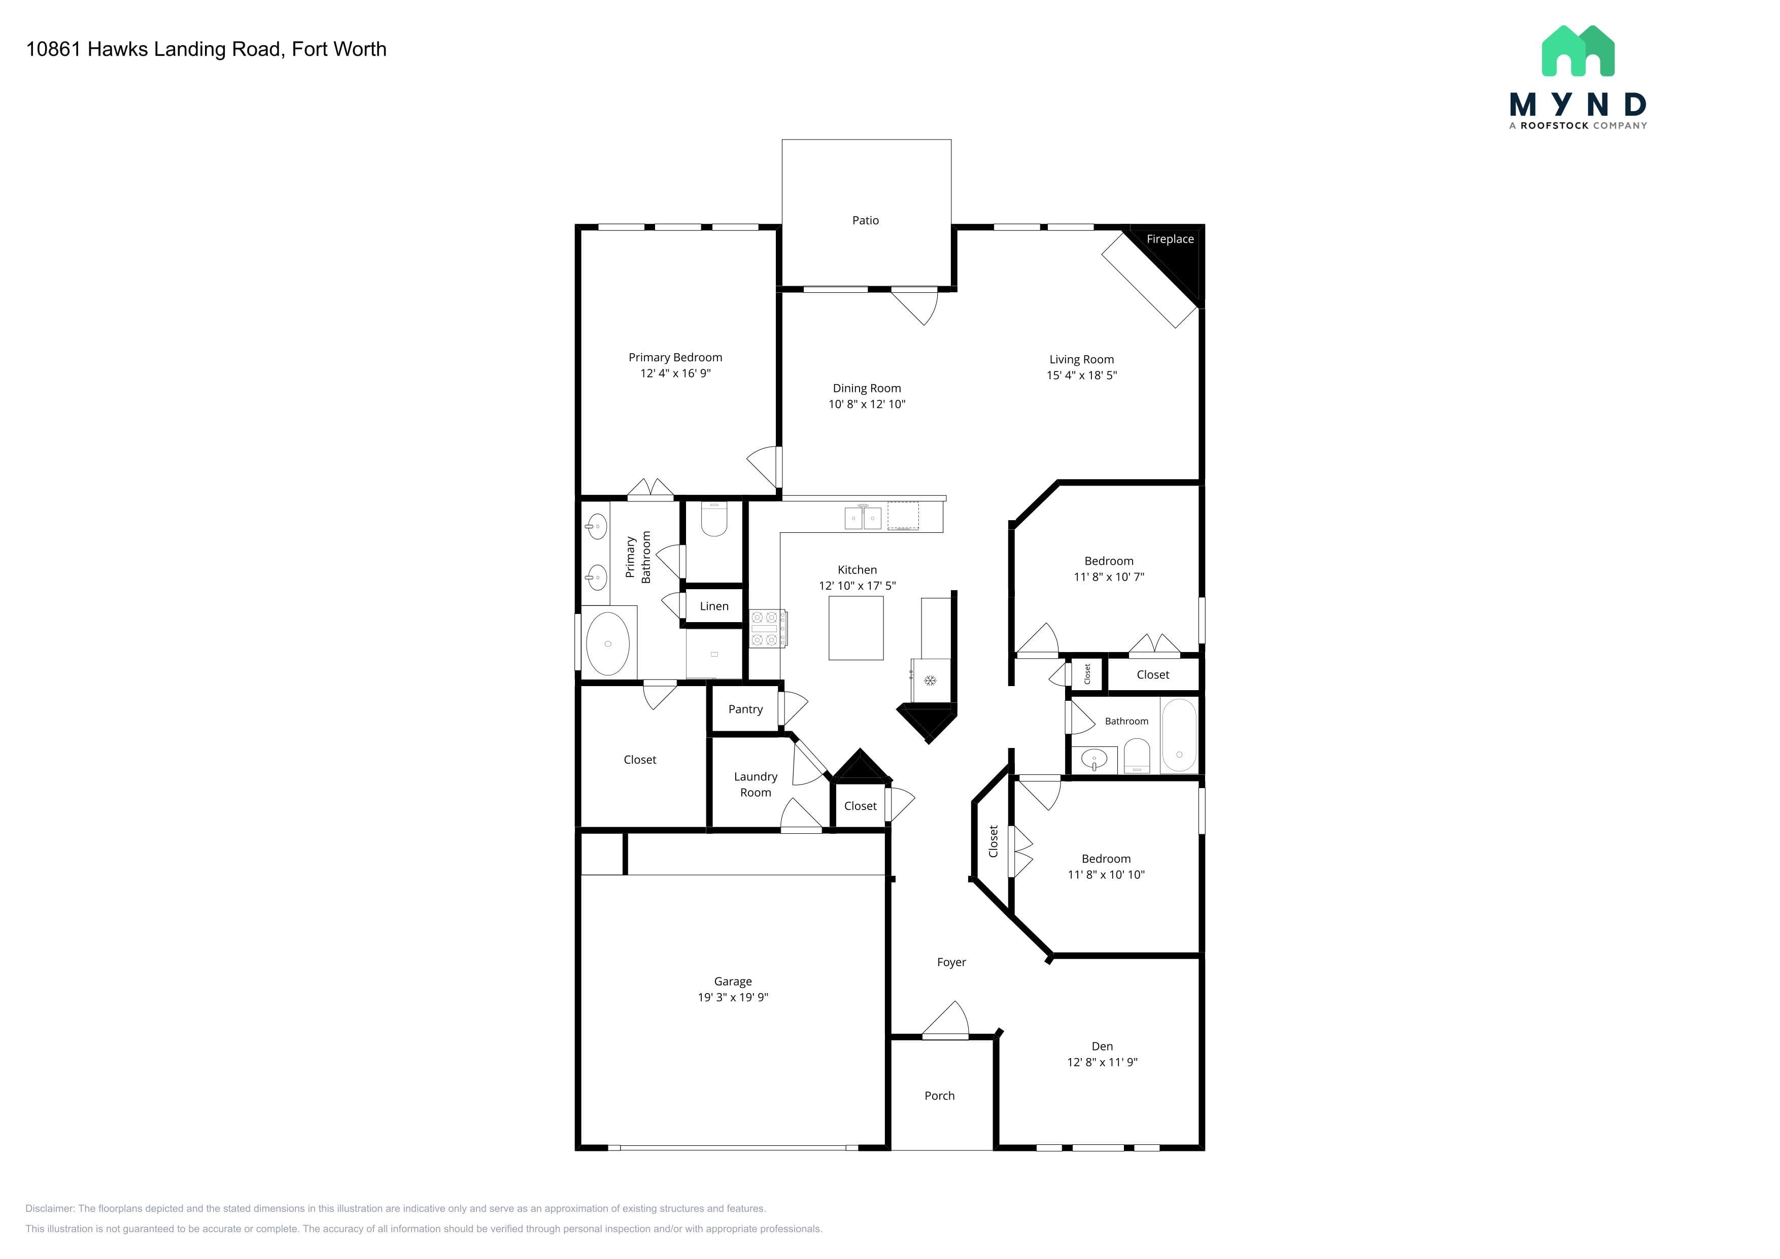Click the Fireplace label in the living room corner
pos(1170,239)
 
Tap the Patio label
pos(865,220)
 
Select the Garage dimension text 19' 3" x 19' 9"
pos(733,997)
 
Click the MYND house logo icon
pos(1578,51)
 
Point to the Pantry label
pos(745,709)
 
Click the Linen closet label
pos(714,606)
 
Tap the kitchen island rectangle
pos(856,628)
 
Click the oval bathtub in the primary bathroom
pos(608,643)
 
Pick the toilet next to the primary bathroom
pos(714,520)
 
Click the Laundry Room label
pos(755,785)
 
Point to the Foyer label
pos(951,962)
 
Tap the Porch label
pos(940,1096)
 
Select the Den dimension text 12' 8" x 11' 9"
pos(1102,1062)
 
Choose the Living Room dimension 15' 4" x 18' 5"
pos(1081,375)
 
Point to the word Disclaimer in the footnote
pos(50,1209)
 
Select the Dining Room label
pos(867,388)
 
